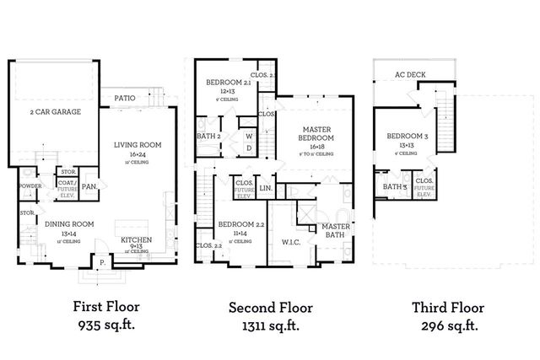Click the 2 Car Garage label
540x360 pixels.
click(x=55, y=111)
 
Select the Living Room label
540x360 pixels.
click(x=138, y=144)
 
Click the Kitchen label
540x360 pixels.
click(x=136, y=240)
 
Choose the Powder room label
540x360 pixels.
click(x=30, y=186)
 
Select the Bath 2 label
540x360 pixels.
click(x=208, y=136)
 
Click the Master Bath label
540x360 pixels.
click(x=336, y=229)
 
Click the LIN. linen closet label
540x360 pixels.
click(x=265, y=188)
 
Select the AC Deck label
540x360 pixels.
click(x=410, y=73)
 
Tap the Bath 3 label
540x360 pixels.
click(x=394, y=187)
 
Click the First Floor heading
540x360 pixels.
click(x=106, y=307)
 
